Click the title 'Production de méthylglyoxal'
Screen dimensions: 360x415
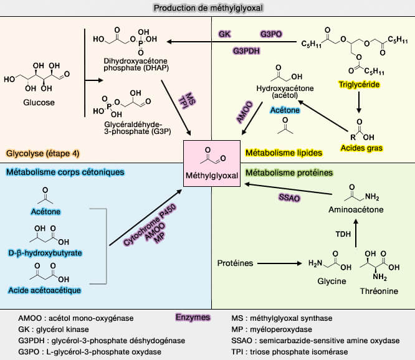point(207,7)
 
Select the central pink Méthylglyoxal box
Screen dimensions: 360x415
point(211,164)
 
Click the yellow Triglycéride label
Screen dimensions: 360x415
point(360,85)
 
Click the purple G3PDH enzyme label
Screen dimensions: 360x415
point(247,50)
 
